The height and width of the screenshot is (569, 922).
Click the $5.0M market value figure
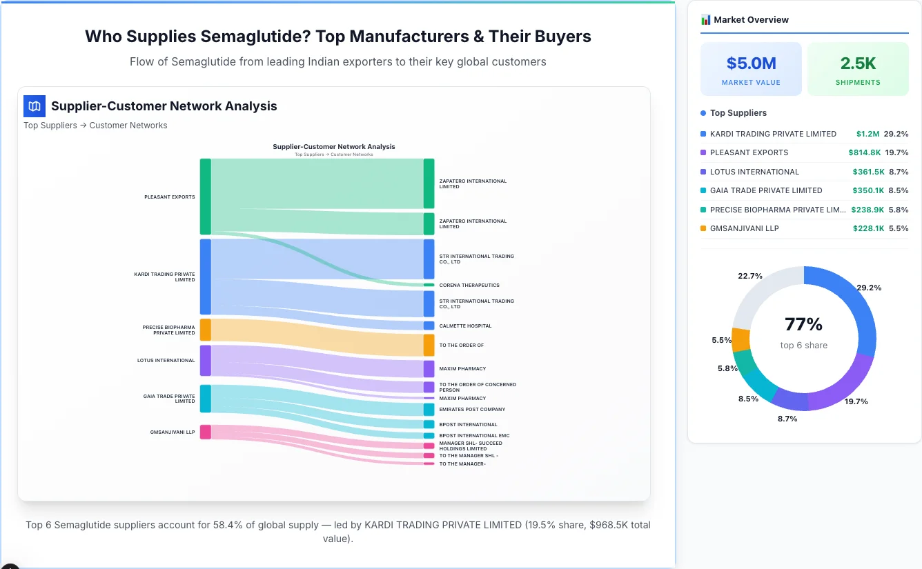(x=751, y=63)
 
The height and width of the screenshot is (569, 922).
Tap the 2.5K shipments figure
(x=858, y=63)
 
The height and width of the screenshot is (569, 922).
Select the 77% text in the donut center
(x=803, y=324)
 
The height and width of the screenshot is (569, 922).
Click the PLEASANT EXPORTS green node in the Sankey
(x=205, y=197)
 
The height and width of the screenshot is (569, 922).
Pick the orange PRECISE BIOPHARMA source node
(x=205, y=330)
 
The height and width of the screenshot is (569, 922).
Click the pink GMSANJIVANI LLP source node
(x=205, y=432)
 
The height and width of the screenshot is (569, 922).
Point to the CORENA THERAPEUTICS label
(x=469, y=285)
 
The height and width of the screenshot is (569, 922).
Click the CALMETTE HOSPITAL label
(x=465, y=326)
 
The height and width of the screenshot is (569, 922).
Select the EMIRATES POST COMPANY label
(x=472, y=410)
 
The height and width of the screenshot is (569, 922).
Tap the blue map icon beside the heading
(x=35, y=106)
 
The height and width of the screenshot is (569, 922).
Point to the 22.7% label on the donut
(x=749, y=276)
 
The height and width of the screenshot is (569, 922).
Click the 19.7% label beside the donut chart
(x=856, y=401)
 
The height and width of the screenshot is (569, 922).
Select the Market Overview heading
(x=751, y=20)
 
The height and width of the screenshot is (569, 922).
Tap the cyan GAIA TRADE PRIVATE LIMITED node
(x=205, y=399)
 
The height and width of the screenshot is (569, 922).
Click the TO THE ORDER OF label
(x=461, y=345)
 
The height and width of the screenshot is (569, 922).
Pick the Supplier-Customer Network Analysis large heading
(x=164, y=106)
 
